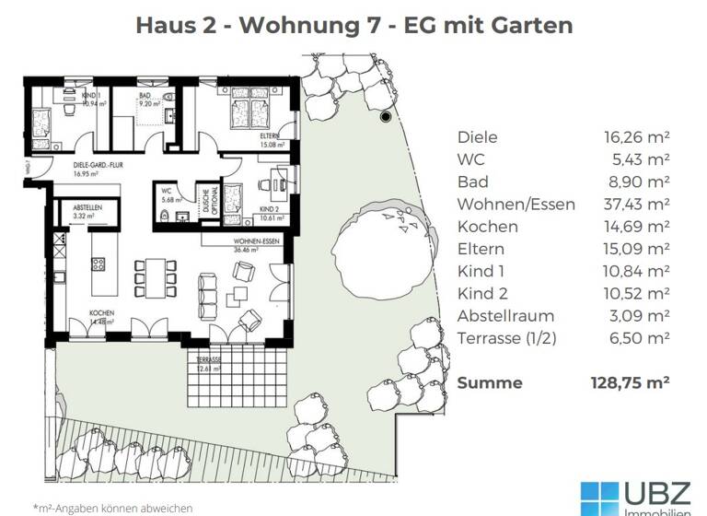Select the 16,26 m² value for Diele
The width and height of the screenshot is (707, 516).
[636, 137]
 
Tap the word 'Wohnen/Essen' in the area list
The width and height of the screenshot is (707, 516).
[516, 205]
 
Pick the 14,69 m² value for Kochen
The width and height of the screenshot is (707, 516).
[636, 227]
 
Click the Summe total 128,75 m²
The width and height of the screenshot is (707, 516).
[629, 382]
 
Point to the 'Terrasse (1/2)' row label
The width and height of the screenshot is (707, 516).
[507, 338]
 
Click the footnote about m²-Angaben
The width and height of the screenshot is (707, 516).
[112, 508]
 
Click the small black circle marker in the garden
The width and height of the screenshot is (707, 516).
[386, 116]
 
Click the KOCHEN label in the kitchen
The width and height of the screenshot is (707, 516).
[101, 314]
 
